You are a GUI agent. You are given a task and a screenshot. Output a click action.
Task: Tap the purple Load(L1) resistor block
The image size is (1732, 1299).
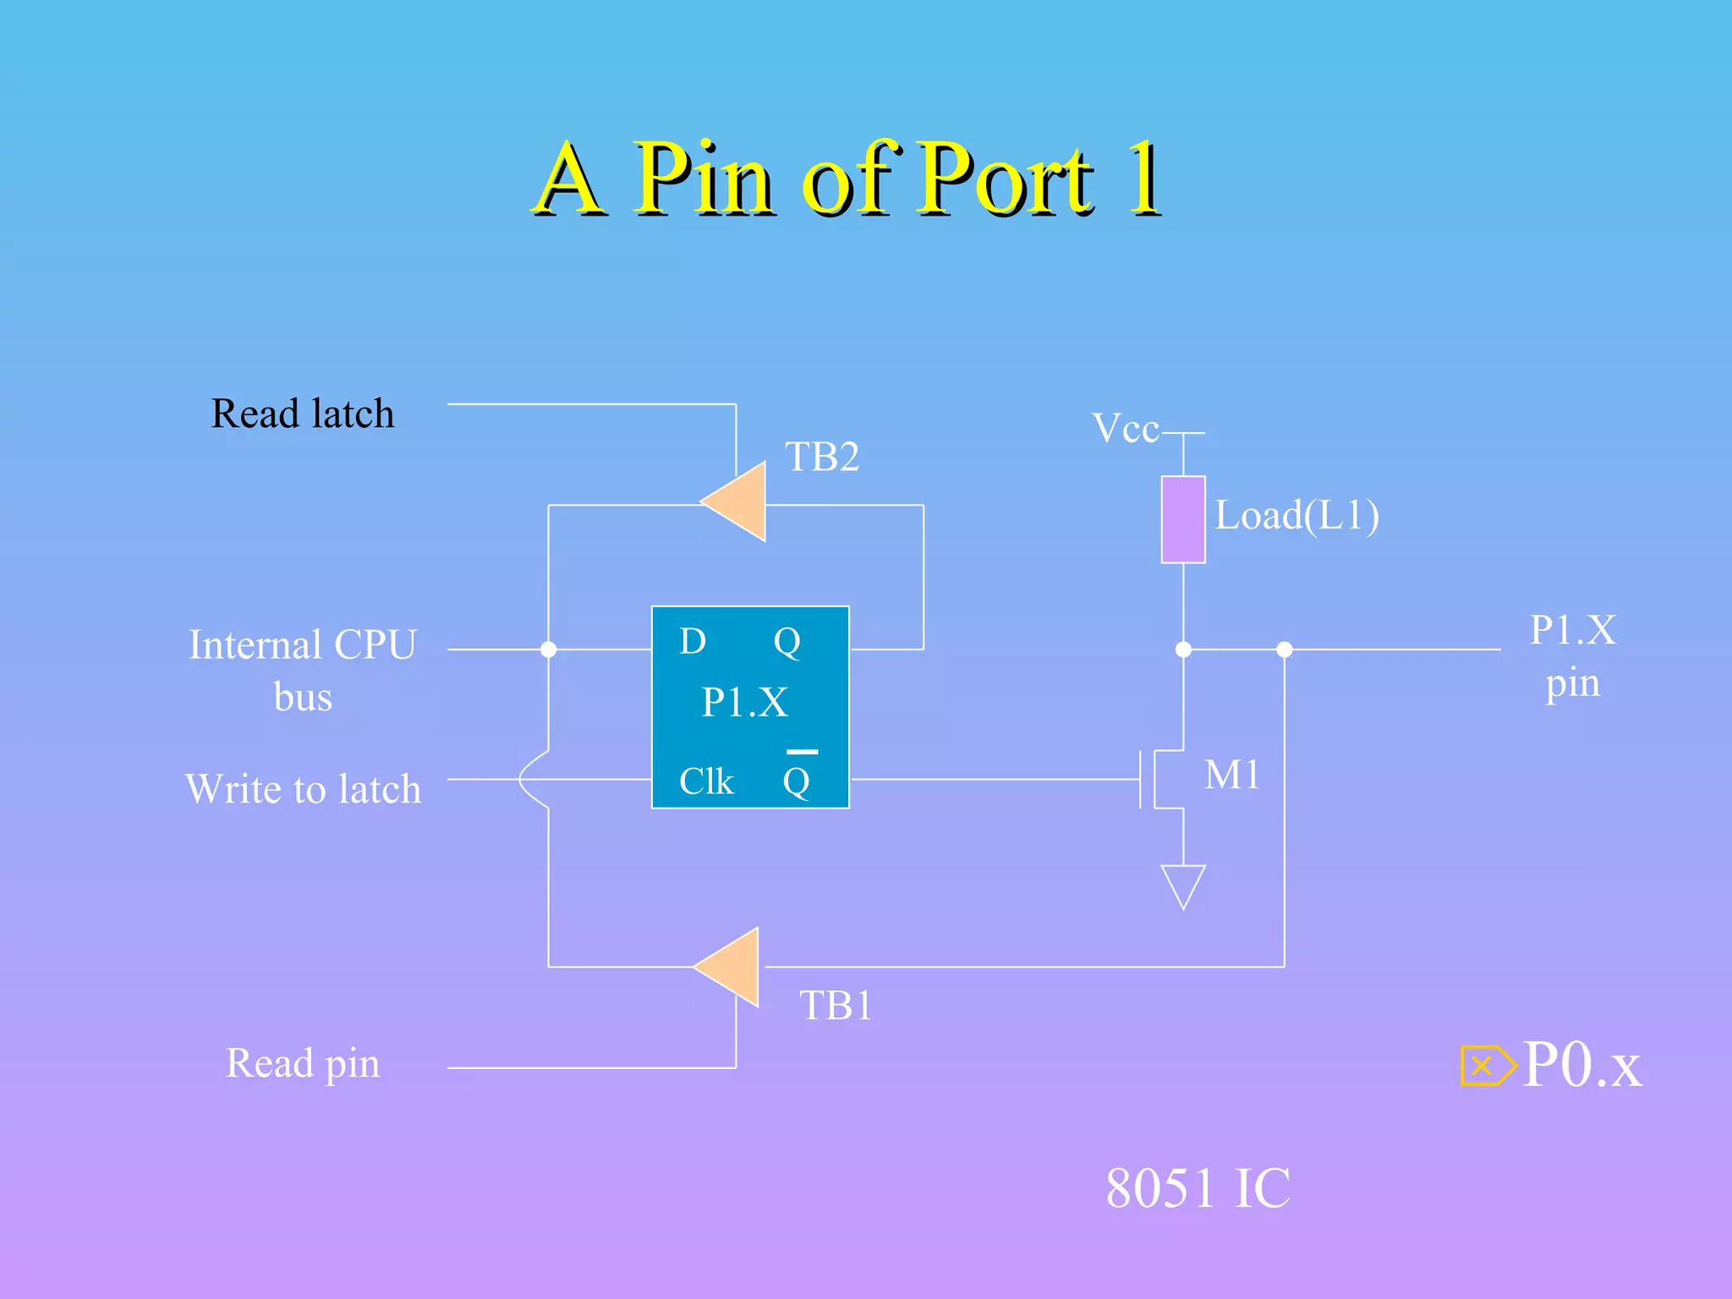pyautogui.click(x=1182, y=519)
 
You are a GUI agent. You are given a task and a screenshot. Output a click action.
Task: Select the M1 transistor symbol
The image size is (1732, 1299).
pyautogui.click(x=1163, y=779)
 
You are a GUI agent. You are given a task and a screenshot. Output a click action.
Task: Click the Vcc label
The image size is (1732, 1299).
pyautogui.click(x=1125, y=429)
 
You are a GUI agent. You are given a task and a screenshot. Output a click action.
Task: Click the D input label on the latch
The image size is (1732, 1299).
pyautogui.click(x=693, y=642)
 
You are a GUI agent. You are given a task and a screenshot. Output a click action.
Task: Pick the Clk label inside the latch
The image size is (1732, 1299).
pyautogui.click(x=706, y=781)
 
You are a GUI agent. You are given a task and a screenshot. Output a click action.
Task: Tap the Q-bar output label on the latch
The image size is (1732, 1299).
pyautogui.click(x=797, y=779)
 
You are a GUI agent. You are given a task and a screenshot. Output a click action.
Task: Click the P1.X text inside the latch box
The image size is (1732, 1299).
pyautogui.click(x=745, y=702)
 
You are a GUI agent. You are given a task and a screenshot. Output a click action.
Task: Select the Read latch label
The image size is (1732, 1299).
pyautogui.click(x=303, y=414)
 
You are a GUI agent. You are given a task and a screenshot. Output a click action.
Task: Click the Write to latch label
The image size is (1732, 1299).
pyautogui.click(x=303, y=789)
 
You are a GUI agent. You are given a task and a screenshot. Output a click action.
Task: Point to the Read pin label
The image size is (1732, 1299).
pyautogui.click(x=303, y=1063)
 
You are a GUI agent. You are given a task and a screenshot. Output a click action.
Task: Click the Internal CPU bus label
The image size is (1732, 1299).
pyautogui.click(x=303, y=670)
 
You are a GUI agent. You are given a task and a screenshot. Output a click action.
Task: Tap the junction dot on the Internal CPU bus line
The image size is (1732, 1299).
pyautogui.click(x=548, y=649)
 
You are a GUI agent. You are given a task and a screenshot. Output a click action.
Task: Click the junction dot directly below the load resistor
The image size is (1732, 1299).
pyautogui.click(x=1183, y=649)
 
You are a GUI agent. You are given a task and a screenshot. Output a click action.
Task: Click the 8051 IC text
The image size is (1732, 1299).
pyautogui.click(x=1198, y=1188)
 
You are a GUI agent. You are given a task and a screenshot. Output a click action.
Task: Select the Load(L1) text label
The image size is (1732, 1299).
pyautogui.click(x=1296, y=515)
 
